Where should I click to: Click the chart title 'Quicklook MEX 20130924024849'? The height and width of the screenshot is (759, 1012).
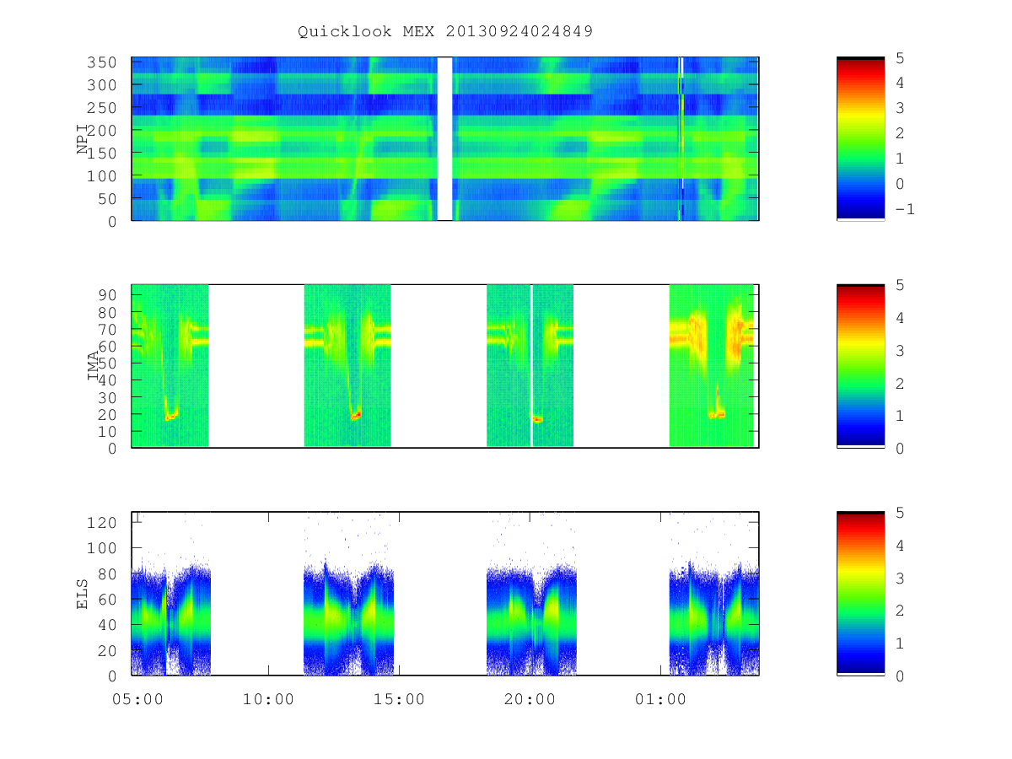coord(445,31)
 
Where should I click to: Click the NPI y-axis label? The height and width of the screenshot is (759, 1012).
coord(82,139)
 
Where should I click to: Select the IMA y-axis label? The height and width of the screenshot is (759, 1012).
coord(93,365)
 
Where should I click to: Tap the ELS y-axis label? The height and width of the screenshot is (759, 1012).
coord(82,594)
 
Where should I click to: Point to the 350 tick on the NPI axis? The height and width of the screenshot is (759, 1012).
coord(101,62)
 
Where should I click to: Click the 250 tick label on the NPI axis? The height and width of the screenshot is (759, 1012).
coord(101,108)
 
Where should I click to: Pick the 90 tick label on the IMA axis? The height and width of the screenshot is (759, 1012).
coord(107,295)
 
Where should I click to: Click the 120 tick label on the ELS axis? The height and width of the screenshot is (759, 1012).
coord(101,523)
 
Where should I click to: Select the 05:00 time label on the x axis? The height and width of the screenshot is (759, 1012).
coord(137,700)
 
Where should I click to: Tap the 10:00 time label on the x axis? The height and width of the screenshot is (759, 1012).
coord(268,700)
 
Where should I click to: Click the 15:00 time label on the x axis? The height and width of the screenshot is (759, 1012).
coord(399,700)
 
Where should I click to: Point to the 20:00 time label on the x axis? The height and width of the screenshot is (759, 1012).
coord(530,700)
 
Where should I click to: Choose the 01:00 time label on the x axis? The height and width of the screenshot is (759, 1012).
coord(660,700)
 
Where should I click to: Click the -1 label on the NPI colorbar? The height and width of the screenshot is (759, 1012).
coord(905,210)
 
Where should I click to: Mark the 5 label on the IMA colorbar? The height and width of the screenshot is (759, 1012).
coord(900,285)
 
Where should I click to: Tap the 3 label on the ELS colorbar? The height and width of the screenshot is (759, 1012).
coord(900,579)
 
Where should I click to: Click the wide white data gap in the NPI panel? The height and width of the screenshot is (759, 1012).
coord(444,138)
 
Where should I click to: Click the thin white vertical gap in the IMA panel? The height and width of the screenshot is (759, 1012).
coord(531,365)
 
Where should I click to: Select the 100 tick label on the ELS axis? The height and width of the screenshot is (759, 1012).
coord(101,548)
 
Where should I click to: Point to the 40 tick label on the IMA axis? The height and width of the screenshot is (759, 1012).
coord(107,380)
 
